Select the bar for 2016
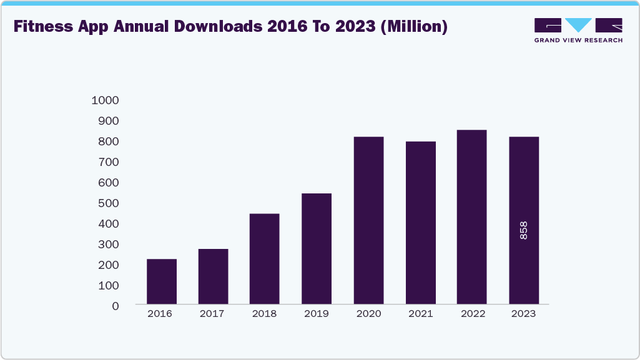coord(162,281)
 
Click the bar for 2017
coord(214,276)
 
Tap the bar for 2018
coord(265,259)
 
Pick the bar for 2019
coord(317,249)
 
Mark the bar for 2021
coord(420,223)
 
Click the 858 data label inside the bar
coord(523,230)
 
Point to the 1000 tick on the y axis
coord(105,100)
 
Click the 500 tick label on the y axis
coord(107,203)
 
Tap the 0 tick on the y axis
coord(115,306)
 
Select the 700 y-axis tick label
coord(107,162)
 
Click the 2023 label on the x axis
coord(523,314)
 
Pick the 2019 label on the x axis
coord(317,314)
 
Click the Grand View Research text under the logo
coord(578,41)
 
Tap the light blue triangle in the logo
coord(578,24)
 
